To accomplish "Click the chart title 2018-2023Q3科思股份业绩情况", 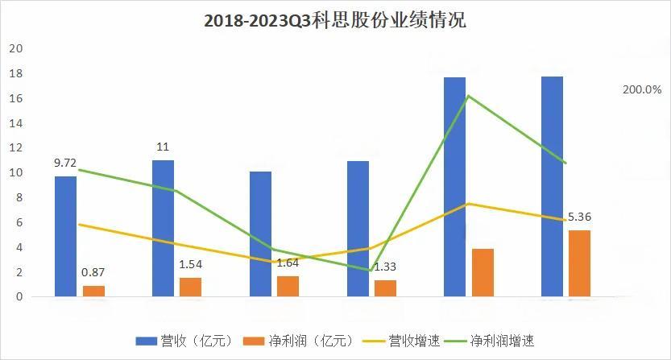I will click(x=335, y=21).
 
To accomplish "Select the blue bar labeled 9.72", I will click(x=66, y=236).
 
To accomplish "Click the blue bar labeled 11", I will click(x=163, y=228).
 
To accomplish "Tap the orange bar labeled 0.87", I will click(x=93, y=291).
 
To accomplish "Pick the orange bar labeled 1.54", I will click(x=191, y=287).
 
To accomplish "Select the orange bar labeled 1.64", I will click(x=288, y=286).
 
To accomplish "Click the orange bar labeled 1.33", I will click(x=385, y=288).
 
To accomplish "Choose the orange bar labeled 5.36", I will click(x=579, y=263).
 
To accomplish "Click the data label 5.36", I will click(x=579, y=217).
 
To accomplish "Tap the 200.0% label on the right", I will click(x=641, y=90).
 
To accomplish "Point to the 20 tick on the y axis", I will click(x=15, y=49).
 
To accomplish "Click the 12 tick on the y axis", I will click(x=15, y=148).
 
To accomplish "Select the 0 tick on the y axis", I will click(x=19, y=297).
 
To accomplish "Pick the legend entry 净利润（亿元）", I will click(x=297, y=341).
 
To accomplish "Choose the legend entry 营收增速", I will click(x=403, y=341).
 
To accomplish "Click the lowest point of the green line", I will click(x=371, y=271).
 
